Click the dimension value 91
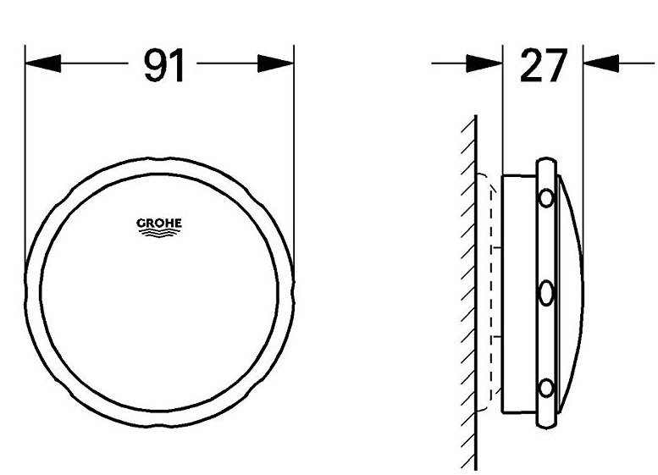[163, 66]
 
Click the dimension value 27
[543, 66]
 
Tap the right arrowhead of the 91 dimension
[275, 64]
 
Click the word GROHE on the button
[159, 224]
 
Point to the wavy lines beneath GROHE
[159, 236]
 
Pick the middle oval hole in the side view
[546, 294]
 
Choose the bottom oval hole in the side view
[546, 389]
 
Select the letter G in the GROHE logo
[141, 224]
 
